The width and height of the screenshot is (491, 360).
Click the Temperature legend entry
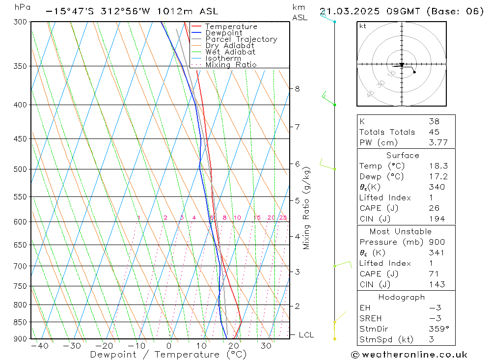tap(231, 27)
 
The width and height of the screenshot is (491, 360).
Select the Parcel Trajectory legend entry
tap(241, 39)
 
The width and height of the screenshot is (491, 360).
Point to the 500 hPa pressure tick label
tap(20, 169)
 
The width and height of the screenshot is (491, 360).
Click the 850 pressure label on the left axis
tap(20, 322)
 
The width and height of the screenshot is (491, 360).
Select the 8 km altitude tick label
tap(297, 89)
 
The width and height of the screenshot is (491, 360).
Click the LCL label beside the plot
tap(306, 335)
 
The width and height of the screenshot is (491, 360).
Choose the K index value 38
tap(434, 121)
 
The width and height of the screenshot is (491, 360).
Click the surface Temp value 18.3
tap(438, 166)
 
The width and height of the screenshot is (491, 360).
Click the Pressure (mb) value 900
tap(436, 242)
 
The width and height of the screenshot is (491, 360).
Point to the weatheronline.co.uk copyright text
tap(409, 355)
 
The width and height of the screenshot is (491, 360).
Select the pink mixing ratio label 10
tap(237, 218)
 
